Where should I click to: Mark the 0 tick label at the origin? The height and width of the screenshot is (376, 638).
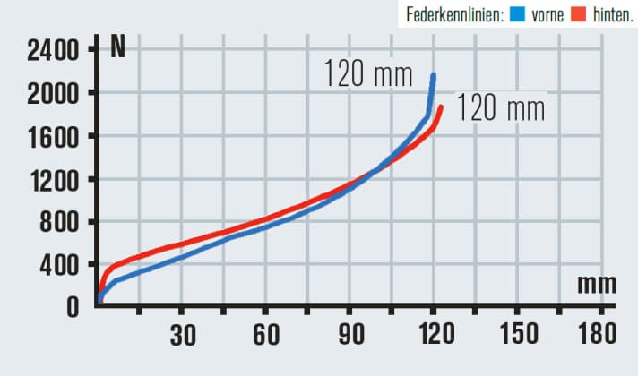click(x=72, y=306)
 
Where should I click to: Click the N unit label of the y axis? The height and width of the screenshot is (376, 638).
click(x=117, y=47)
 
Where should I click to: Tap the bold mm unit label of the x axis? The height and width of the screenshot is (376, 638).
click(x=597, y=285)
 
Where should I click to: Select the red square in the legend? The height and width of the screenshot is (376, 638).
click(x=577, y=14)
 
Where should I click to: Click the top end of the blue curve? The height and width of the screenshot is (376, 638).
click(x=434, y=76)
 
